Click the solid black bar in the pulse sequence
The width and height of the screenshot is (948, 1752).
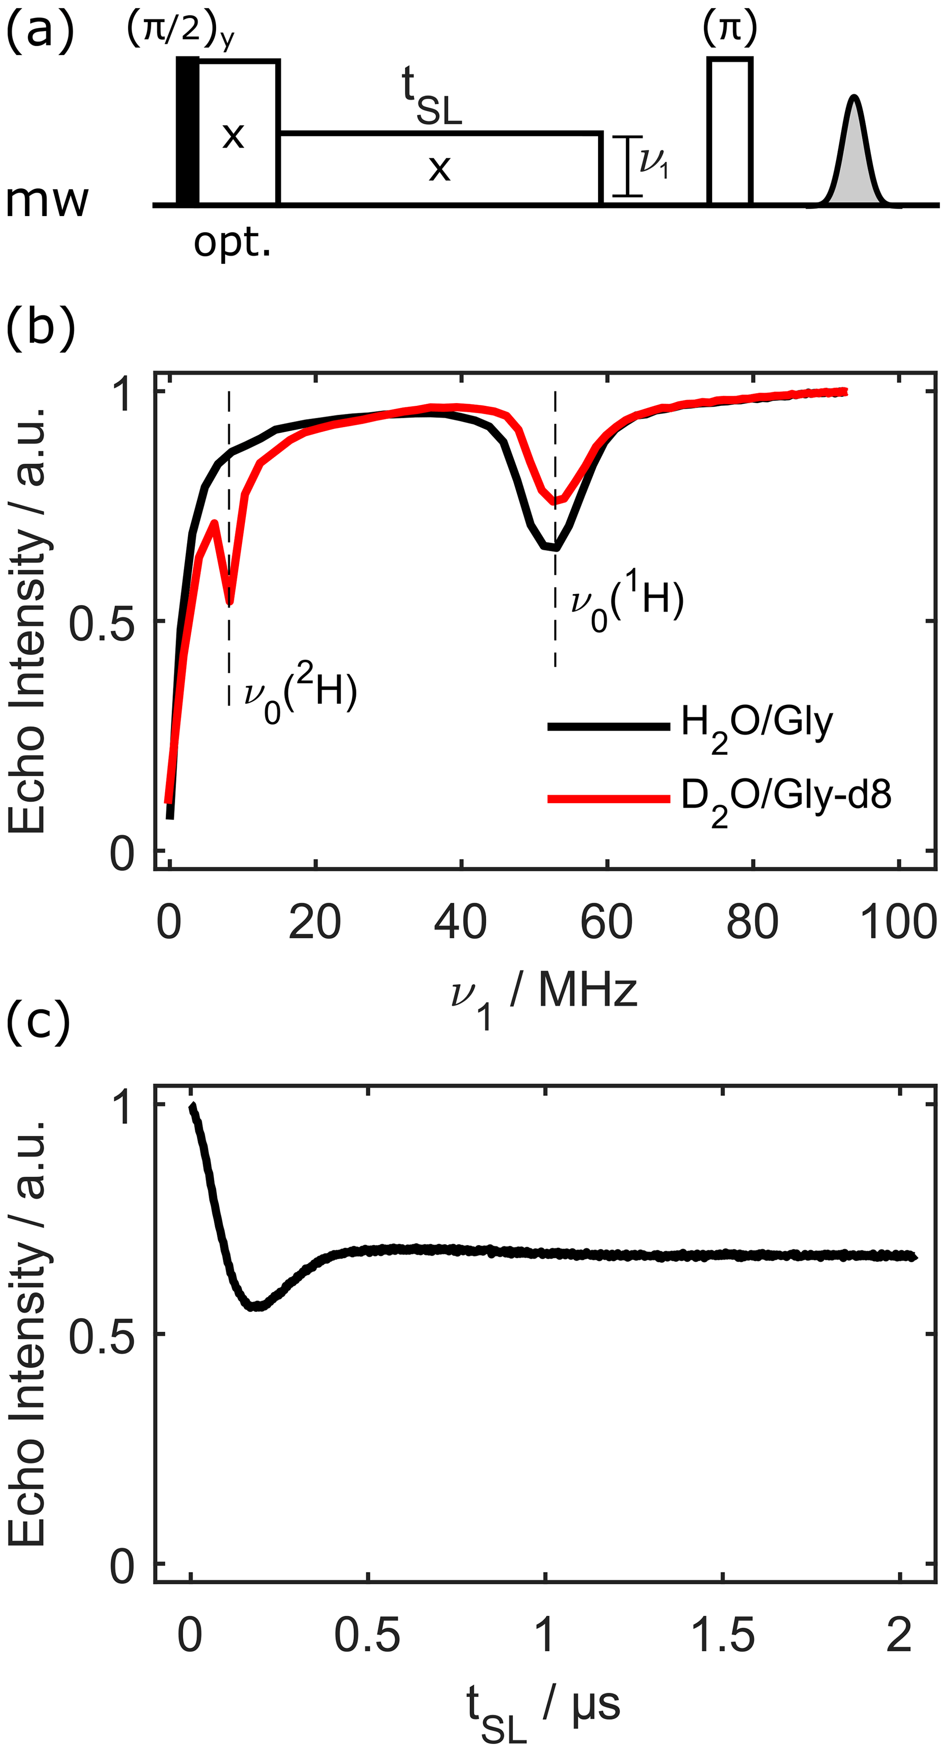coord(188,131)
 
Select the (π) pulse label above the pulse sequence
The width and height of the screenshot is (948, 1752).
coord(730,28)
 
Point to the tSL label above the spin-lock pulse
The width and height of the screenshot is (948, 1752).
coord(431,97)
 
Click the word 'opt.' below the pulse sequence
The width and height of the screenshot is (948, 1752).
coord(232,242)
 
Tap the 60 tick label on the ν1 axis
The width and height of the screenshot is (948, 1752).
coord(606,923)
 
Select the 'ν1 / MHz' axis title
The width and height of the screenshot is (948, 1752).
coord(544,994)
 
